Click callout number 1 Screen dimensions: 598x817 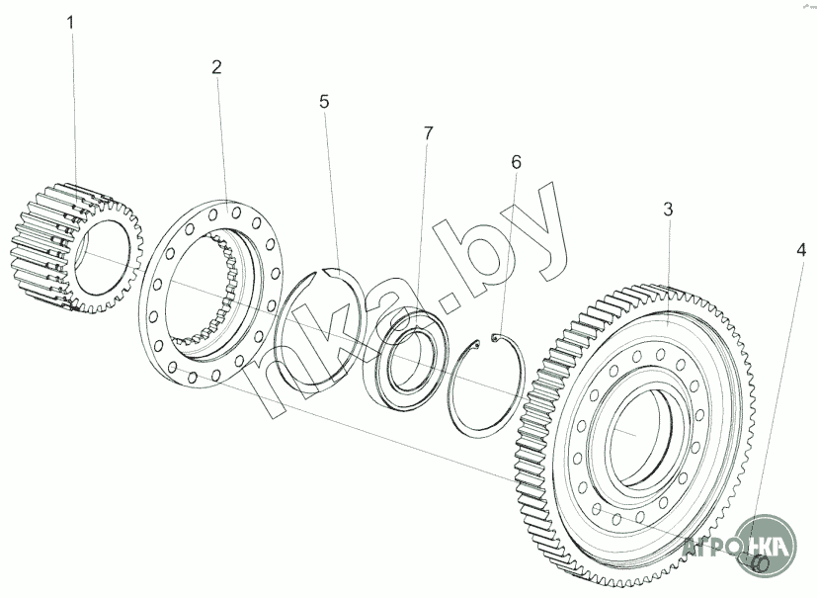click(70, 21)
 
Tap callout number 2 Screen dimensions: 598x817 click(216, 67)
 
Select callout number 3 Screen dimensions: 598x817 click(668, 210)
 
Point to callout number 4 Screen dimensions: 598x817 click(801, 249)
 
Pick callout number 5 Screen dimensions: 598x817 click(323, 102)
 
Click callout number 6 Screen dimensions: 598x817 click(516, 161)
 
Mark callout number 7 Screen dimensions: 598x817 click(428, 132)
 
